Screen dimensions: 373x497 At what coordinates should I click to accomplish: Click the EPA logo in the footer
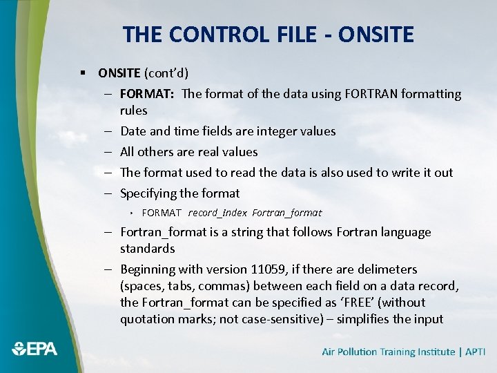point(35,349)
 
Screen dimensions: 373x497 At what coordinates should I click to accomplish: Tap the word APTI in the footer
point(475,352)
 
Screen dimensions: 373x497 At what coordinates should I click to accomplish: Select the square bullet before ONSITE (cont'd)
point(82,73)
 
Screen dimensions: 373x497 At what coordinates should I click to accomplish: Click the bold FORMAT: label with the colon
point(147,94)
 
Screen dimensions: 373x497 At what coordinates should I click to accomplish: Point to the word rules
point(133,111)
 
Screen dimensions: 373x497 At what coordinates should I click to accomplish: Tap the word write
point(394,173)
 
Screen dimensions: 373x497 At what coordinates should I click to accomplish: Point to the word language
point(400,232)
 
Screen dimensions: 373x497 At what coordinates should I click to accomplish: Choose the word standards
point(147,249)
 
